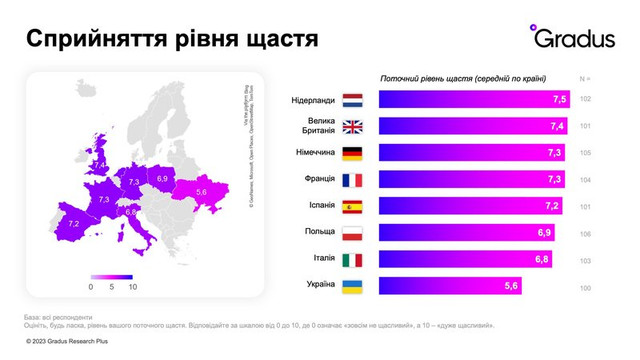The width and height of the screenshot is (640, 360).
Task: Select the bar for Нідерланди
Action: pos(475,100)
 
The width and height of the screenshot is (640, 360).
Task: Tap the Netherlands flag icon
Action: pos(352,100)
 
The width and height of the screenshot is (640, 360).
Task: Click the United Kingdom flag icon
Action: pos(352,127)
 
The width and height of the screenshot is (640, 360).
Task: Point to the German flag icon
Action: pos(352,153)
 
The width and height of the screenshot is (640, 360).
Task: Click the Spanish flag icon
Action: pos(352,207)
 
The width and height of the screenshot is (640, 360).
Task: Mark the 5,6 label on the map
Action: pos(201,191)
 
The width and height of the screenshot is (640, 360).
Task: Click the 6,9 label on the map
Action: pos(163,178)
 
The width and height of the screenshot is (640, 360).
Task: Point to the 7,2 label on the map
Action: pos(73,223)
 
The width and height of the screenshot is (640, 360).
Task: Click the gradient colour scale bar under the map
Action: pos(110,276)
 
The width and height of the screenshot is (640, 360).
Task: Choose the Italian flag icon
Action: pos(352,260)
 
